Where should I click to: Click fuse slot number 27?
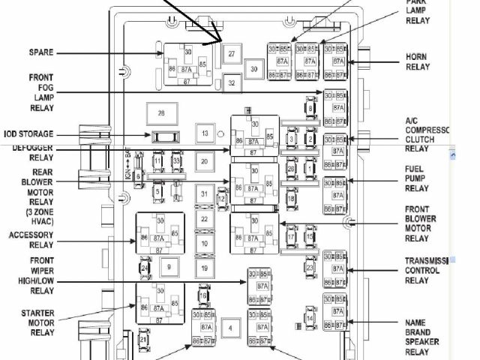pos(232,54)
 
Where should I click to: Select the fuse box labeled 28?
pos(160,113)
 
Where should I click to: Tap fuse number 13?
pos(204,134)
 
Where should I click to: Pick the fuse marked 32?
pos(232,83)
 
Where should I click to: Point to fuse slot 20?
pos(204,161)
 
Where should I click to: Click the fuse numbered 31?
pos(204,194)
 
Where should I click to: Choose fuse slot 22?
pos(204,219)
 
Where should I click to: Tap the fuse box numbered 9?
pos(169,267)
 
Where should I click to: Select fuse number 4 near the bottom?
pos(231,328)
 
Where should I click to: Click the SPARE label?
pos(40,52)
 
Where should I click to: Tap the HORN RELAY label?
pos(417,61)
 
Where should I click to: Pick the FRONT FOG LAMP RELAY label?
pos(40,92)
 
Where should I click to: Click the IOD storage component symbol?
pos(163,136)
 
